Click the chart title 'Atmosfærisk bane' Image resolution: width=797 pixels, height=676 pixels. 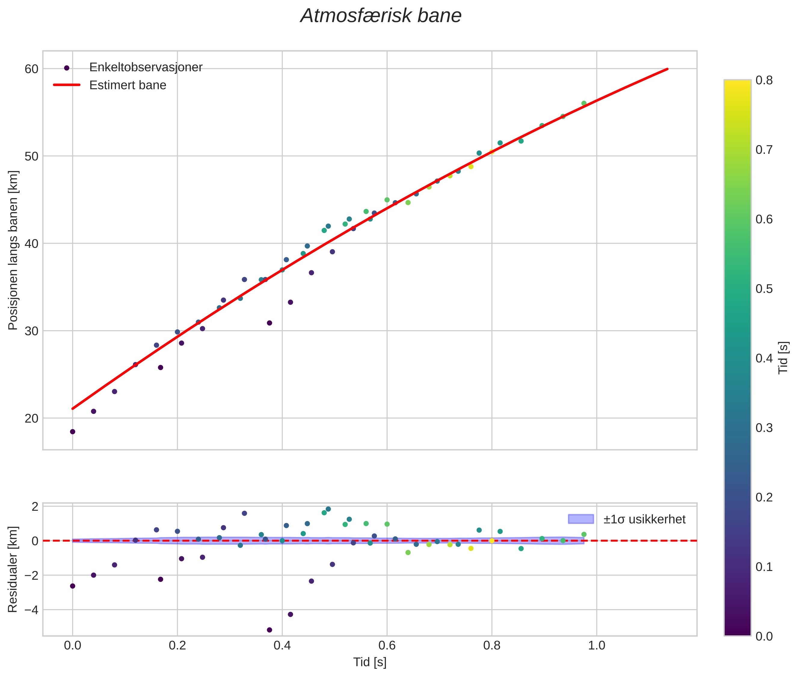tap(381, 16)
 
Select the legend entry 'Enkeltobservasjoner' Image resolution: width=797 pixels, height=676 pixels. tap(146, 67)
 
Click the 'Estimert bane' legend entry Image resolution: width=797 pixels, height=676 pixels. tap(128, 85)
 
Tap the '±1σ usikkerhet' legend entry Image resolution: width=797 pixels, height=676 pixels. tap(644, 519)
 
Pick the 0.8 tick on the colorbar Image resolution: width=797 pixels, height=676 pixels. tap(764, 80)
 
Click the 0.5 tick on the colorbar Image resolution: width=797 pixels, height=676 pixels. tap(764, 289)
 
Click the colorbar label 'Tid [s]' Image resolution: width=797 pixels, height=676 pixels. tap(783, 358)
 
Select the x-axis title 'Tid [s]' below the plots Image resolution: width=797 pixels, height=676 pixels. tap(370, 662)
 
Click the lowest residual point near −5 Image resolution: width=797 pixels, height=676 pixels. tap(269, 630)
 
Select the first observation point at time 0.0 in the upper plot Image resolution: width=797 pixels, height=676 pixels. tap(72, 432)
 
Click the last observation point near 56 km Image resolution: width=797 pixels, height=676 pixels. tap(584, 104)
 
